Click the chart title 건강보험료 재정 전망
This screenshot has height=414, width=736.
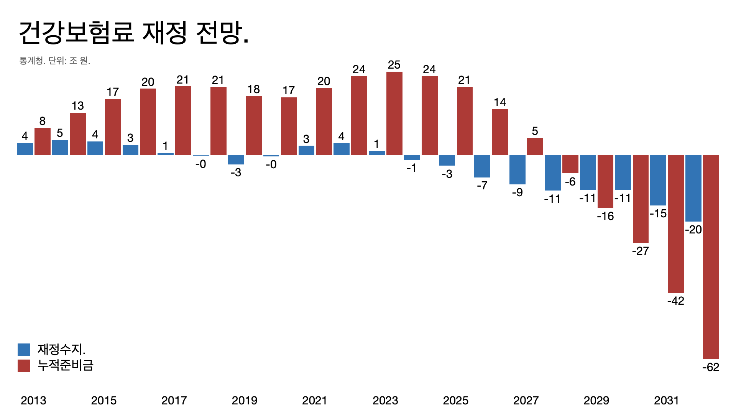(134, 33)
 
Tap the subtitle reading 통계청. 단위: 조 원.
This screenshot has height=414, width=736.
(55, 61)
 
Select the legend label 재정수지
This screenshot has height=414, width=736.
(61, 349)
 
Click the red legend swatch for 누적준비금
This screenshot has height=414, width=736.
(24, 365)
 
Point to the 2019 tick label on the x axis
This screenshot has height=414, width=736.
(244, 401)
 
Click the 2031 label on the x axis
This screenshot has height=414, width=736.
(666, 401)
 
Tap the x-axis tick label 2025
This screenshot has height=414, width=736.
(455, 401)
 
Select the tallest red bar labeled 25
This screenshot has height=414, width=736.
(394, 113)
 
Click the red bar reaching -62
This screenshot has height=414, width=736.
(711, 257)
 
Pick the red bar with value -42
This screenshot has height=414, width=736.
(675, 224)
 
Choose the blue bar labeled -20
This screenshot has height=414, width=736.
(693, 188)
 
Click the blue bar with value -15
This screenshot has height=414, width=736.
(658, 180)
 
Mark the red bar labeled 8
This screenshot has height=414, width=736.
(42, 141)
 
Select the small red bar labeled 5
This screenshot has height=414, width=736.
(535, 146)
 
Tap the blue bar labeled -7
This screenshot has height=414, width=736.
(482, 166)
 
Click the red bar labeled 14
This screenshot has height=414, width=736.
(499, 132)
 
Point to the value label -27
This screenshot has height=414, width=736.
(640, 251)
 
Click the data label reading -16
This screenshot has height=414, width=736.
(605, 216)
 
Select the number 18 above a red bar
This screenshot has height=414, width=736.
(253, 89)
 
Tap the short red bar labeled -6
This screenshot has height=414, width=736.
(570, 164)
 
